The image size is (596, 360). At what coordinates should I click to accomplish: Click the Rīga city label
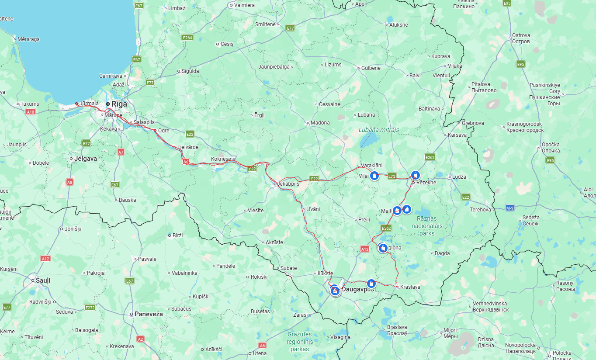(119, 104)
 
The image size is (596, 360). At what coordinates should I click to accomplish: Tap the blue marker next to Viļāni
(374, 176)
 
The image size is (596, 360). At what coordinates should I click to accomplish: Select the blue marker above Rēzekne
(416, 175)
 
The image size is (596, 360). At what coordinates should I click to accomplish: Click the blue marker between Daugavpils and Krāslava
(371, 284)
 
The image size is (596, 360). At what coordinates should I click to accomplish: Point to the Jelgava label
(86, 159)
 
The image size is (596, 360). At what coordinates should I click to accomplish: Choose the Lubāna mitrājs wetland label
(379, 130)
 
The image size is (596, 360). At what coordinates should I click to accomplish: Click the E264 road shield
(187, 38)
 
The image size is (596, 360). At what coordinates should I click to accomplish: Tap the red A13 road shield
(365, 249)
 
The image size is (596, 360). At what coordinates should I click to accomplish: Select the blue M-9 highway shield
(509, 208)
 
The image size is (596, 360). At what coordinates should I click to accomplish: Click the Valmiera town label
(244, 5)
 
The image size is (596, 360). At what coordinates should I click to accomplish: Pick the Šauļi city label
(43, 280)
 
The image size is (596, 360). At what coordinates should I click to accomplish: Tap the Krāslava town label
(410, 287)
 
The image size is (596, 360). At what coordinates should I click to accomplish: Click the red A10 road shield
(30, 112)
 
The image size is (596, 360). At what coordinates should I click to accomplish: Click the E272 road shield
(90, 308)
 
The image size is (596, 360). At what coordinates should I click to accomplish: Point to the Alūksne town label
(398, 25)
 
